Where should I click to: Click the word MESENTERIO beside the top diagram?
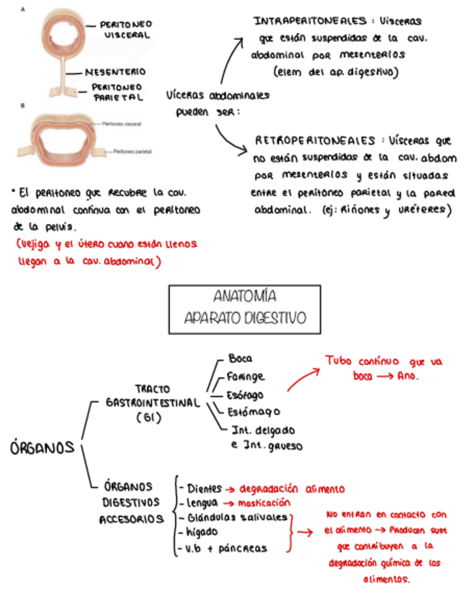[x=116, y=72]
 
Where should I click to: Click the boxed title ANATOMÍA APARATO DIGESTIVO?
[x=245, y=308]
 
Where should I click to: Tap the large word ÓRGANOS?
[x=43, y=447]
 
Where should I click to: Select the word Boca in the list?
[x=240, y=359]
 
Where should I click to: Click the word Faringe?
[x=246, y=377]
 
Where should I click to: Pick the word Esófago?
[x=245, y=395]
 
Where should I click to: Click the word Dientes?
[x=204, y=488]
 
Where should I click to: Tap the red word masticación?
[x=264, y=502]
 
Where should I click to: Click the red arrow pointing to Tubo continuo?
[x=303, y=380]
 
